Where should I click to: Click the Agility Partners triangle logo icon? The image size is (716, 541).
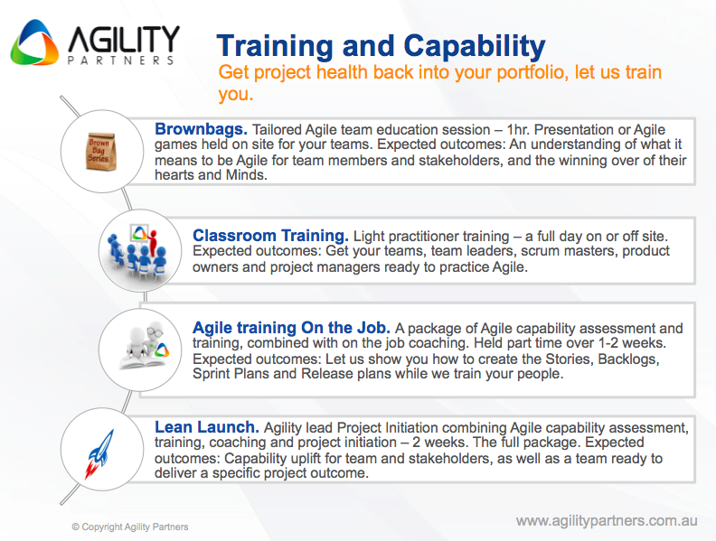[34, 42]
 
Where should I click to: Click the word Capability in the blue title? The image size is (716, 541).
[475, 47]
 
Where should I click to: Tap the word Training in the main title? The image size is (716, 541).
[276, 47]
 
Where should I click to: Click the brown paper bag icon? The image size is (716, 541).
[101, 152]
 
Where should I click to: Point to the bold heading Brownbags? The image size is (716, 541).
[201, 129]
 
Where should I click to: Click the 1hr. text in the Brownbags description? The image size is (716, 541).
[518, 129]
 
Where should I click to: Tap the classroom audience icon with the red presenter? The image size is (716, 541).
[137, 251]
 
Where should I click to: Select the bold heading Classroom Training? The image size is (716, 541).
[270, 236]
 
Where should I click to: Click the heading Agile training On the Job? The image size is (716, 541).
[291, 328]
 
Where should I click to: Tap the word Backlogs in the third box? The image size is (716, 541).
[628, 359]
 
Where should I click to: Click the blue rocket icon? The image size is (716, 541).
[99, 454]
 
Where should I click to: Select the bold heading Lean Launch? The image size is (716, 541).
[207, 427]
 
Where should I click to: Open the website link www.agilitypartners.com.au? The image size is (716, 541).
[607, 520]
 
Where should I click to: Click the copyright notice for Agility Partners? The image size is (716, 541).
[130, 527]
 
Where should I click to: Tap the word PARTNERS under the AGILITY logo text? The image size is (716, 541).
[121, 61]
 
